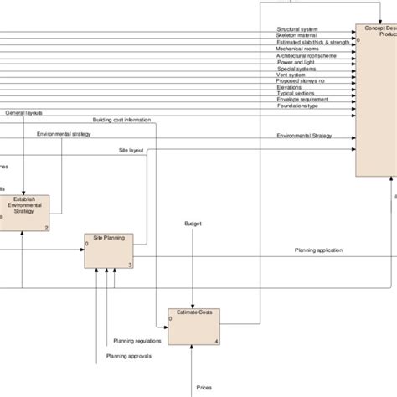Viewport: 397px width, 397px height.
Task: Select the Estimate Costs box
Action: [x=193, y=326]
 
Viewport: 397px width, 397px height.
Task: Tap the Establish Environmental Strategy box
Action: [x=25, y=212]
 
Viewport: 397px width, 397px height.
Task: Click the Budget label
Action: [x=193, y=224]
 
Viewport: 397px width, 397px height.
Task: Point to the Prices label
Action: [x=204, y=387]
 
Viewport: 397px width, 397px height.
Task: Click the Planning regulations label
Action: [x=134, y=342]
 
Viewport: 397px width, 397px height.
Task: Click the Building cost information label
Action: [x=121, y=120]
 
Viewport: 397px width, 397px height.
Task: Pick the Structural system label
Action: [x=297, y=29]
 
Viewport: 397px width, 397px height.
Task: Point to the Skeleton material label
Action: [x=297, y=36]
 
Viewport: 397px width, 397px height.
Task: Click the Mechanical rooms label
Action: [x=298, y=49]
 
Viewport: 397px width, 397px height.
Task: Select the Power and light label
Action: [x=296, y=61]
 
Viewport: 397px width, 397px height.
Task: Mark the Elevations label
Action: [x=290, y=86]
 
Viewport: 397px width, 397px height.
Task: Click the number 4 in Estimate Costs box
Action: [x=217, y=342]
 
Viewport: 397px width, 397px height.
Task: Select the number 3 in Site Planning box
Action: [x=130, y=265]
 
